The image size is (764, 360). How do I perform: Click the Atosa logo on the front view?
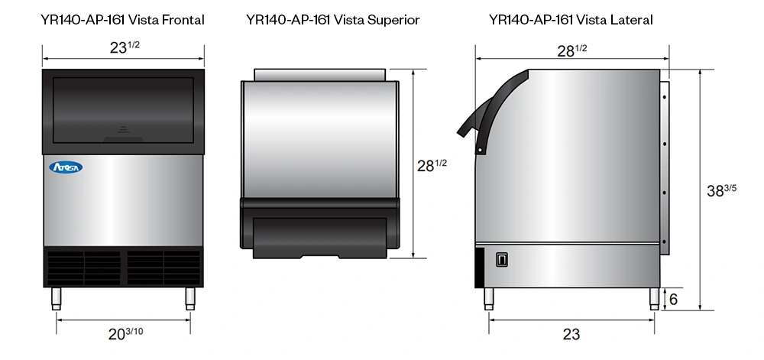point(66,167)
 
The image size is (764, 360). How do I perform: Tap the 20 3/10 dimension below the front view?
point(126,334)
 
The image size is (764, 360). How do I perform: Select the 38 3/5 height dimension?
point(721,190)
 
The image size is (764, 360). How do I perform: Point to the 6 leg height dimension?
point(673,299)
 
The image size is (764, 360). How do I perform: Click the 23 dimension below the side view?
point(571,334)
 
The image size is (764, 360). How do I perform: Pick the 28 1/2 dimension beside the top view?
point(432,166)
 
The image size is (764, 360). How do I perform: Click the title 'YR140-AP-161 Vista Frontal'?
point(123,20)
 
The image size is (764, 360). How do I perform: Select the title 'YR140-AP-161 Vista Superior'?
point(333,20)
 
